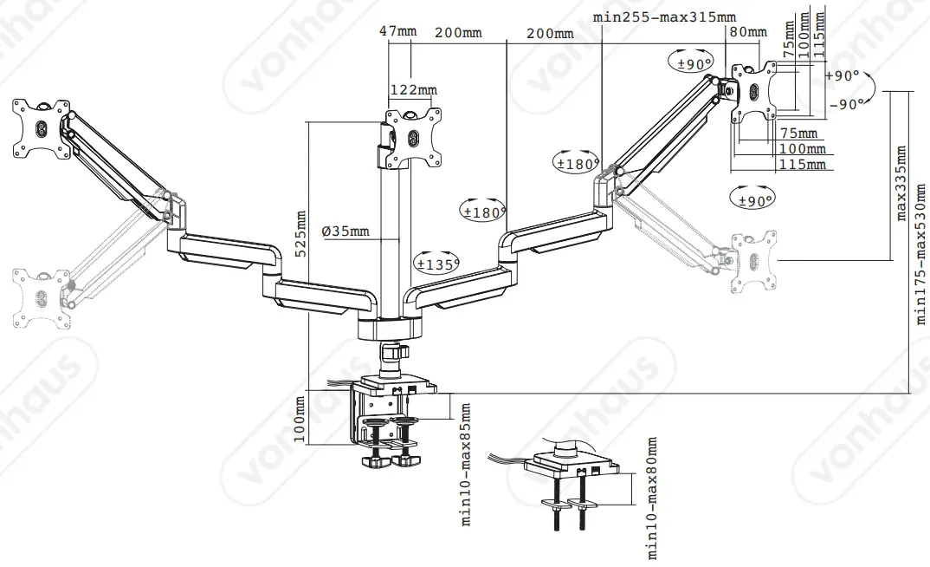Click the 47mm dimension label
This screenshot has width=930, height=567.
tap(397, 32)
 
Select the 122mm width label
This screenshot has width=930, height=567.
tap(414, 90)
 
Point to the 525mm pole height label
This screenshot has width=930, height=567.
tap(300, 234)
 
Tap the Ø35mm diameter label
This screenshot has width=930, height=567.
tap(345, 231)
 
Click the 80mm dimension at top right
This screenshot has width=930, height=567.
tap(748, 33)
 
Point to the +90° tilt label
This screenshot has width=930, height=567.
tap(843, 76)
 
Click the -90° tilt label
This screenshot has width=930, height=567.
tap(844, 104)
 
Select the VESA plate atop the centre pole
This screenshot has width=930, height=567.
tap(414, 138)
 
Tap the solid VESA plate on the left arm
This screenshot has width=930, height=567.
tap(40, 127)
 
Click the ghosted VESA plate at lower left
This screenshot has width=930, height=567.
tap(41, 297)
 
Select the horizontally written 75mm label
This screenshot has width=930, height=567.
tap(798, 134)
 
